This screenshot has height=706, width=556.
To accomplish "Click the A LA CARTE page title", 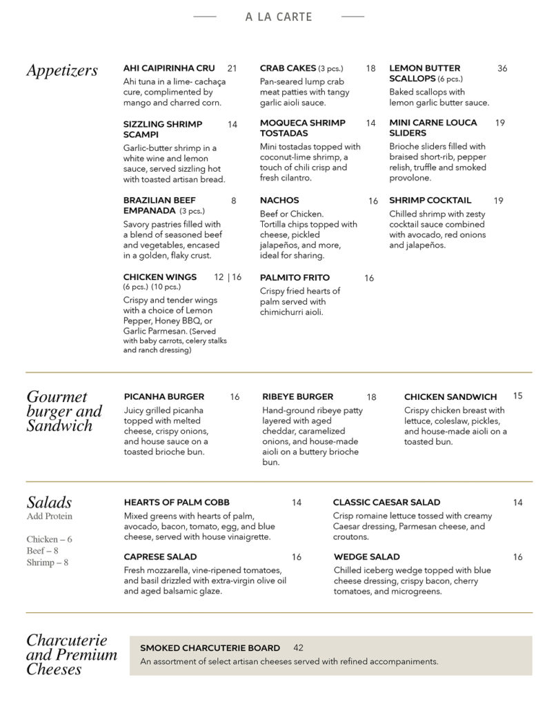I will pyautogui.click(x=279, y=17).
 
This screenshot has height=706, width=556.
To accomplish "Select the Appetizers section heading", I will pyautogui.click(x=62, y=70).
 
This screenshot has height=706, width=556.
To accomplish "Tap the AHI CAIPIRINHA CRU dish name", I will pyautogui.click(x=169, y=68).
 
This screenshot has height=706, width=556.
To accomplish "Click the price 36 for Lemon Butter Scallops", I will pyautogui.click(x=502, y=68).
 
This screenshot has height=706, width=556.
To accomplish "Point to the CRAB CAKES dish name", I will pyautogui.click(x=288, y=68).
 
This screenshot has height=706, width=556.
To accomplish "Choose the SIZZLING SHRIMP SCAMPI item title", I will pyautogui.click(x=163, y=129).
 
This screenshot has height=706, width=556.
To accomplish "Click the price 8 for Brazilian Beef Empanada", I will pyautogui.click(x=234, y=201).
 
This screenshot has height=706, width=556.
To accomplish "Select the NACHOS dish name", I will pyautogui.click(x=279, y=201).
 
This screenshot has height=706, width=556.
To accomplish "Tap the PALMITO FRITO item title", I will pyautogui.click(x=295, y=277).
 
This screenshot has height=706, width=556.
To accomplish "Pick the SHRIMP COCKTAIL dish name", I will pyautogui.click(x=430, y=201).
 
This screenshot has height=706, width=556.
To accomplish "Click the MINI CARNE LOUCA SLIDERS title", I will pyautogui.click(x=433, y=128).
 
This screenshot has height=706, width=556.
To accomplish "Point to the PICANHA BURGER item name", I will pyautogui.click(x=164, y=396).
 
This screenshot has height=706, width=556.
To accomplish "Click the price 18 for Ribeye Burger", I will pyautogui.click(x=372, y=397).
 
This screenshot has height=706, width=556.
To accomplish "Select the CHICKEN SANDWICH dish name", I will pyautogui.click(x=450, y=396).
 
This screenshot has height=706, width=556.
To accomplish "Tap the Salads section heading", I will pyautogui.click(x=49, y=502).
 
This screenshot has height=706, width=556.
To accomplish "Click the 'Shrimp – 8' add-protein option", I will pyautogui.click(x=48, y=563).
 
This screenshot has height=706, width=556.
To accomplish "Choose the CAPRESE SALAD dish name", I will pyautogui.click(x=161, y=556).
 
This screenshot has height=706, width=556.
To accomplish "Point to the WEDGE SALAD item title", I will pyautogui.click(x=366, y=556).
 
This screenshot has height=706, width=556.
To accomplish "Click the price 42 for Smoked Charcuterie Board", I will pyautogui.click(x=298, y=647).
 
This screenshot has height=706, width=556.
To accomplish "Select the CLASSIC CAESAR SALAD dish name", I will pyautogui.click(x=386, y=502).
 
